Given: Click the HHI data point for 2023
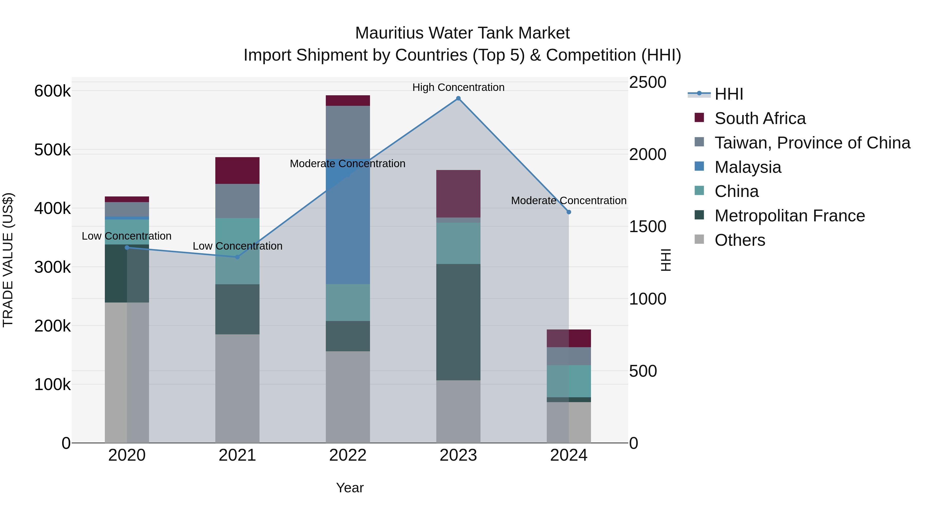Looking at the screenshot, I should pyautogui.click(x=458, y=98).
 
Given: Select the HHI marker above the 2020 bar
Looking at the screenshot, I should pyautogui.click(x=127, y=247).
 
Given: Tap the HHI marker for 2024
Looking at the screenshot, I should pyautogui.click(x=569, y=212).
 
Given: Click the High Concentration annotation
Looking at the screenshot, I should pyautogui.click(x=458, y=87).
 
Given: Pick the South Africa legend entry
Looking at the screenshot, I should pyautogui.click(x=760, y=118).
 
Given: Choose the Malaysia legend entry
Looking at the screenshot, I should pyautogui.click(x=748, y=167).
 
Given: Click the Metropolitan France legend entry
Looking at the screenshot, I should pyautogui.click(x=789, y=216).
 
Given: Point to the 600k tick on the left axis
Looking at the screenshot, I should pyautogui.click(x=52, y=91).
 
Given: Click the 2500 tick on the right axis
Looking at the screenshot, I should pyautogui.click(x=647, y=82).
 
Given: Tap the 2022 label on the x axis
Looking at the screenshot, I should pyautogui.click(x=348, y=455).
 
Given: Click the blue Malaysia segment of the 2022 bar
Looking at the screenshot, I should pyautogui.click(x=348, y=222).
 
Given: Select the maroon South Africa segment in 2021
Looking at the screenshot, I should pyautogui.click(x=237, y=171).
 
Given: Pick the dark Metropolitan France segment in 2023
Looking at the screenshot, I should pyautogui.click(x=458, y=322).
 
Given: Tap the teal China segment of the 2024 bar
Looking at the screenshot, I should pyautogui.click(x=569, y=381).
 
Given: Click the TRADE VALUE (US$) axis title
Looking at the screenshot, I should pyautogui.click(x=8, y=260).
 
